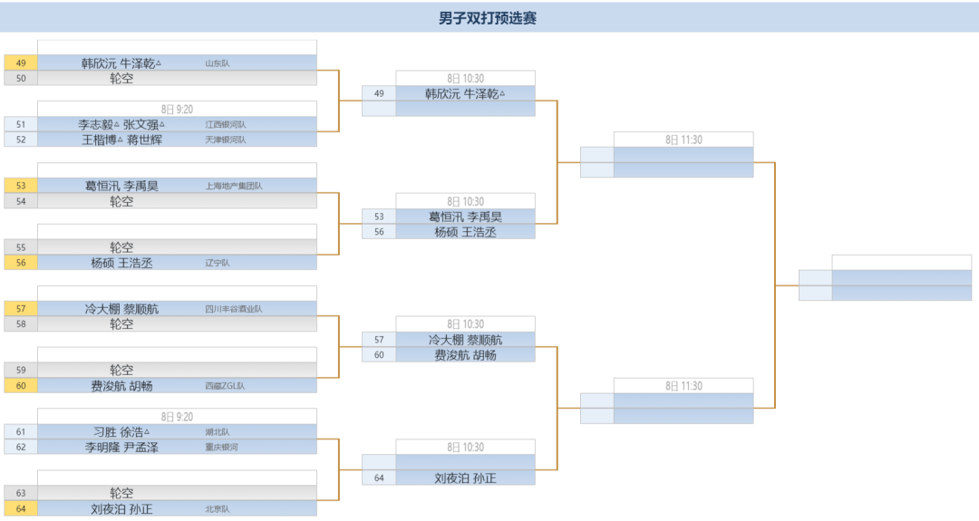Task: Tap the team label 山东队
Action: [218, 63]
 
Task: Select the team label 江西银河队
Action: [225, 124]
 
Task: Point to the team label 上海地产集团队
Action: [234, 186]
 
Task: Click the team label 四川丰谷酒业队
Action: [234, 309]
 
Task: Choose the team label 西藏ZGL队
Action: [225, 386]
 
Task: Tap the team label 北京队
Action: [218, 509]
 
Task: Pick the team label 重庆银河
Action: [221, 448]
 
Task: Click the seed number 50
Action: [21, 79]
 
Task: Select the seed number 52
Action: [21, 140]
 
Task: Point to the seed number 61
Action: [21, 432]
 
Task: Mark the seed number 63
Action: [21, 494]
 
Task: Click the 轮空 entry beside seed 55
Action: [121, 247]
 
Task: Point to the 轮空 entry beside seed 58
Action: [121, 324]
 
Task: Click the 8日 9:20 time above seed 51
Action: [177, 109]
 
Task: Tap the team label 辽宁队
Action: [218, 263]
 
